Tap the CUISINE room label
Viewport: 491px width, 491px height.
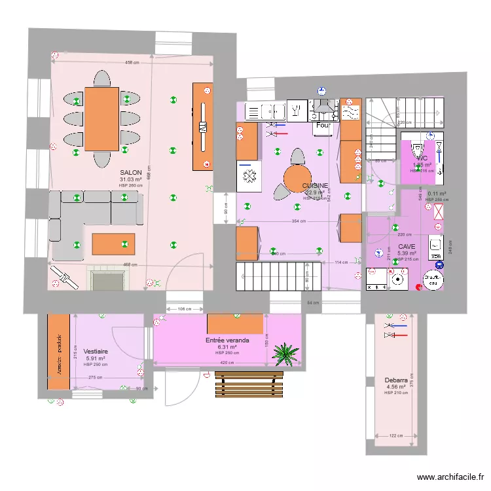click(x=315, y=186)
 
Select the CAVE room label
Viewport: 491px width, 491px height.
click(x=407, y=246)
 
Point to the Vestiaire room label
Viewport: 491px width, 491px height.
click(x=96, y=352)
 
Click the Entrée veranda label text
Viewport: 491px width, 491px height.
click(x=227, y=340)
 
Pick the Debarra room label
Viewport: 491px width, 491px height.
click(x=397, y=380)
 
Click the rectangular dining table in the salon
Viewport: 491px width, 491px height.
click(x=101, y=118)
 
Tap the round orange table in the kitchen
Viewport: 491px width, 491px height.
click(x=297, y=177)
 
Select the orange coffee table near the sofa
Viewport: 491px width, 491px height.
click(x=113, y=244)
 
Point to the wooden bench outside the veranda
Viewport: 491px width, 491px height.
click(x=244, y=385)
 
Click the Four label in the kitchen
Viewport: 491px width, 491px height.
click(x=323, y=125)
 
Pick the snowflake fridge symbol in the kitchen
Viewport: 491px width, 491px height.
click(x=249, y=177)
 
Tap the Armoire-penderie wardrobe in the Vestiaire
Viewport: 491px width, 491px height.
click(x=58, y=352)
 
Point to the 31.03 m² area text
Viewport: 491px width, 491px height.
click(x=131, y=179)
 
